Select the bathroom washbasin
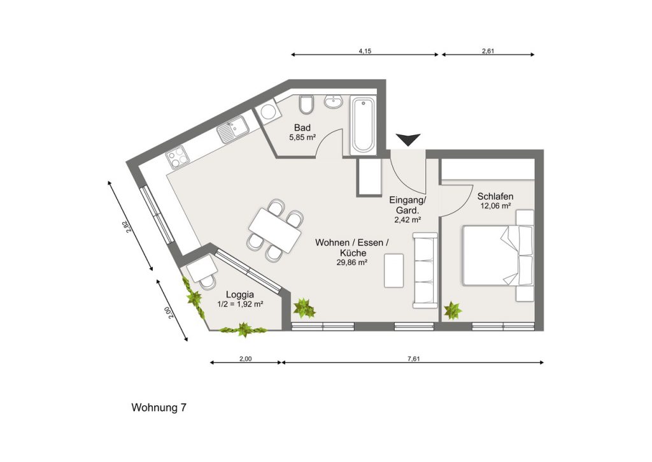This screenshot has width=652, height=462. (x=334, y=101)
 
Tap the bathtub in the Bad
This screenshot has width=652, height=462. (x=363, y=124)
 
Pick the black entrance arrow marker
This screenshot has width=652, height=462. (x=408, y=140)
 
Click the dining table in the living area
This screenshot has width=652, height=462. (x=275, y=229)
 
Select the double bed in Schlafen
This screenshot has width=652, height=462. (x=498, y=256)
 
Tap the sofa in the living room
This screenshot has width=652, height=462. (x=425, y=271)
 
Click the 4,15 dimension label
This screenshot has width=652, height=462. (x=365, y=51)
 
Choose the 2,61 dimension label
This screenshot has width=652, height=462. (x=488, y=51)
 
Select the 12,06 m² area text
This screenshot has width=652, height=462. (x=495, y=206)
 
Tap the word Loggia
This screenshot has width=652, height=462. (x=240, y=295)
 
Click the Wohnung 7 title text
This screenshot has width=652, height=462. (x=159, y=407)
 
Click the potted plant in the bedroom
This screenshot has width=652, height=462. (x=453, y=310)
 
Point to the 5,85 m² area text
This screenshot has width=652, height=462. (x=302, y=137)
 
